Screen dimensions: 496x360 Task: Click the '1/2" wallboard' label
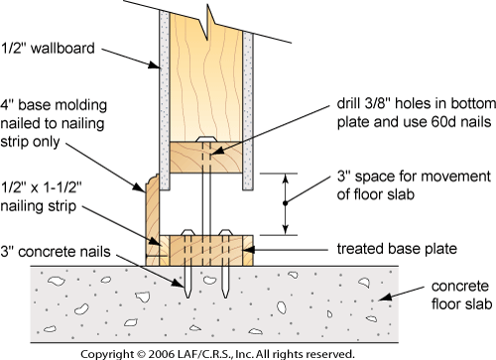(48, 49)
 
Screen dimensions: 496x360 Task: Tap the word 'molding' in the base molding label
(80, 105)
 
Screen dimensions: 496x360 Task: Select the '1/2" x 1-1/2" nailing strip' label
(41, 196)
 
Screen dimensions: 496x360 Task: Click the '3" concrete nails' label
(56, 252)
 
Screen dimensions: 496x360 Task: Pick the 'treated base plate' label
(397, 249)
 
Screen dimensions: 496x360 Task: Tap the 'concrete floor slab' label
(461, 296)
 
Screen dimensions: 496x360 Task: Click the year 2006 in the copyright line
(161, 354)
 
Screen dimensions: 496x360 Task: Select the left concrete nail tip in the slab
(187, 297)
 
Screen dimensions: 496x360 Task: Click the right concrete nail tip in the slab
(225, 297)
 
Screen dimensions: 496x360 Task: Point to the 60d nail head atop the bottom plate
(205, 139)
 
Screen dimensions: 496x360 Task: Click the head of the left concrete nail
(187, 232)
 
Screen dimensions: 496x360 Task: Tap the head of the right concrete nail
(225, 232)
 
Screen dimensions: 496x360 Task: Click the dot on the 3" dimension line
(286, 203)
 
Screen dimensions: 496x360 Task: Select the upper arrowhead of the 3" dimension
(286, 178)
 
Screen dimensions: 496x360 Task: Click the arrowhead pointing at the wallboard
(155, 65)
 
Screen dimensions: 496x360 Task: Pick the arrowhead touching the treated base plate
(249, 250)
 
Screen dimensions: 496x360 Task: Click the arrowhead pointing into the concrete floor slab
(385, 297)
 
